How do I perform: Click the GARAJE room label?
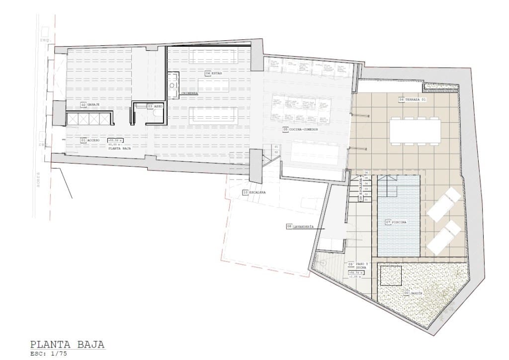point(94,105)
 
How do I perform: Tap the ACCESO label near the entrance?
point(93,141)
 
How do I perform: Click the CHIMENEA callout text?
point(190,93)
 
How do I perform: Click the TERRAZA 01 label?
point(416,99)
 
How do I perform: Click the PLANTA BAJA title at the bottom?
point(68,345)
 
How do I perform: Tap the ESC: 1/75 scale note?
point(48,354)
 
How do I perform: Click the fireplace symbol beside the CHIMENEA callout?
point(173,85)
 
